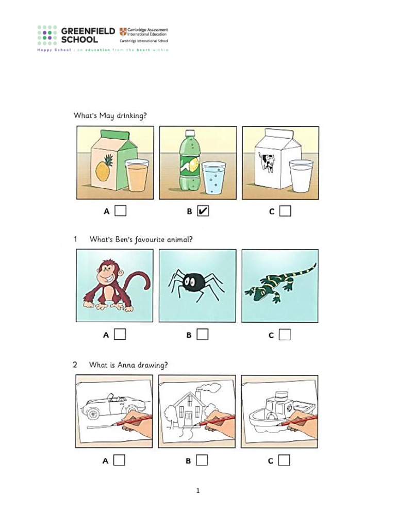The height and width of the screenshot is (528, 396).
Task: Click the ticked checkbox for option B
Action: click(203, 211)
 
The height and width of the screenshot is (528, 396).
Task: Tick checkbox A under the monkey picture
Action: click(120, 335)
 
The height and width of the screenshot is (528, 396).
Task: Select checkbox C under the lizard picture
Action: click(285, 335)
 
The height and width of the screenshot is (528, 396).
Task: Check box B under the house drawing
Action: click(202, 460)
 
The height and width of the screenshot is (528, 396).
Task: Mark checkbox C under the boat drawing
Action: click(285, 460)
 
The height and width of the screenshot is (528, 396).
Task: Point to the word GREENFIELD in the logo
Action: click(88, 31)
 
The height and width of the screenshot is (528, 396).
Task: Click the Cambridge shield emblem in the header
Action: click(122, 31)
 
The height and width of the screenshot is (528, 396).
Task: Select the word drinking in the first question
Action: click(130, 115)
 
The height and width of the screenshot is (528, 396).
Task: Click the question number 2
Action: click(75, 365)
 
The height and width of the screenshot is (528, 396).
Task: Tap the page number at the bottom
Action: click(197, 490)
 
